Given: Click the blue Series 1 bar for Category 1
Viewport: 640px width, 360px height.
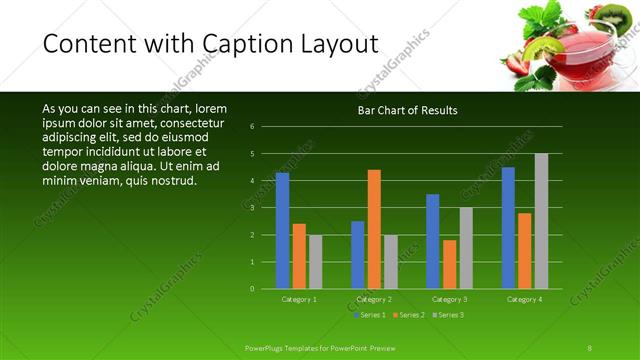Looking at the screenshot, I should [x=282, y=231].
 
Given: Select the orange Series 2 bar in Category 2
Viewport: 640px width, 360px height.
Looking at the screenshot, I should [x=374, y=229].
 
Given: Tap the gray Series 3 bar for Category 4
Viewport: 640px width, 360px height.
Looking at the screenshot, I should [x=541, y=221].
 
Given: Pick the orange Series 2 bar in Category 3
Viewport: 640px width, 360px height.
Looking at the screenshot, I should [x=449, y=264].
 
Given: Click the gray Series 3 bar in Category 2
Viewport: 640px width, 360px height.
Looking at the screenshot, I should [x=390, y=262].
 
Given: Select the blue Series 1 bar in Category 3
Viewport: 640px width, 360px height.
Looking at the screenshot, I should [x=433, y=241].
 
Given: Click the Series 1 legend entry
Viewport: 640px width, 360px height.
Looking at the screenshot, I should [x=371, y=315].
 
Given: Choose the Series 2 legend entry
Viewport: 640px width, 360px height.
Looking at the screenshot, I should [x=409, y=315].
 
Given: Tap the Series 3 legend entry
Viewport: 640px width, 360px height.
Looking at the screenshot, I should [x=447, y=315].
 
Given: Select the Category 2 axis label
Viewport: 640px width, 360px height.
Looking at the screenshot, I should [x=374, y=299].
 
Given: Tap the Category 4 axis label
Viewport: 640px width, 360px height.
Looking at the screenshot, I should [x=524, y=299].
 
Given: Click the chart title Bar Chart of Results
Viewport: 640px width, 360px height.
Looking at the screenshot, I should [x=407, y=110].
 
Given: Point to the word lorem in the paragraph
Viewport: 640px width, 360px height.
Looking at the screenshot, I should [x=212, y=108].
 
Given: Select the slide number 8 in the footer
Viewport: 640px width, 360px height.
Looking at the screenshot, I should [x=590, y=347].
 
